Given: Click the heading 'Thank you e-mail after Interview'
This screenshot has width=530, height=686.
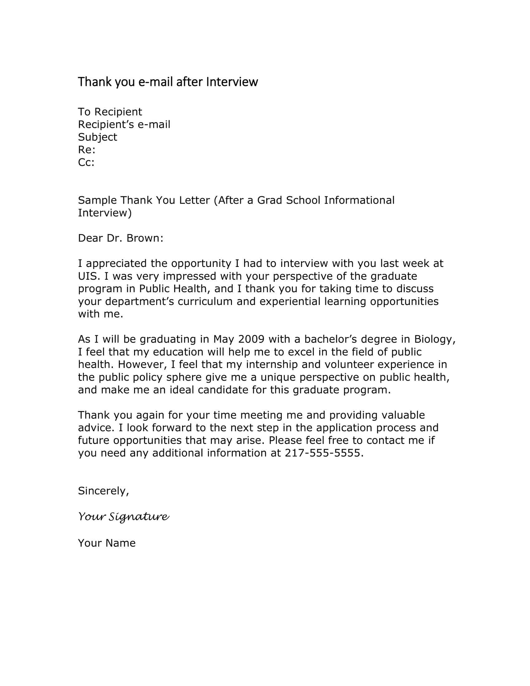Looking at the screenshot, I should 168,82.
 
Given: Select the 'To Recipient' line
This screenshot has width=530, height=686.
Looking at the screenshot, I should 110,112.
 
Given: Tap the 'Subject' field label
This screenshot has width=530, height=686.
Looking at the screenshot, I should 97,137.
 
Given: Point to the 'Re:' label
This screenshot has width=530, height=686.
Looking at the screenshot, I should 87,150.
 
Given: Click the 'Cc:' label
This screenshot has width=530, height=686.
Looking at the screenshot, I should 86,162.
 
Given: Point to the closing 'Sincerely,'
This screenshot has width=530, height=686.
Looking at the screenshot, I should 103,491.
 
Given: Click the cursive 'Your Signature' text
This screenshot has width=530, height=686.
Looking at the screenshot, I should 123,517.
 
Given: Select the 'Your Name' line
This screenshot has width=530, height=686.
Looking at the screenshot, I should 107,543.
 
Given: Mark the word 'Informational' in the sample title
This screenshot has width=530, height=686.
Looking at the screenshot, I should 359,200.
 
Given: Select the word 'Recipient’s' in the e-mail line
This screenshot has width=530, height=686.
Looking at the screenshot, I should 106,125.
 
